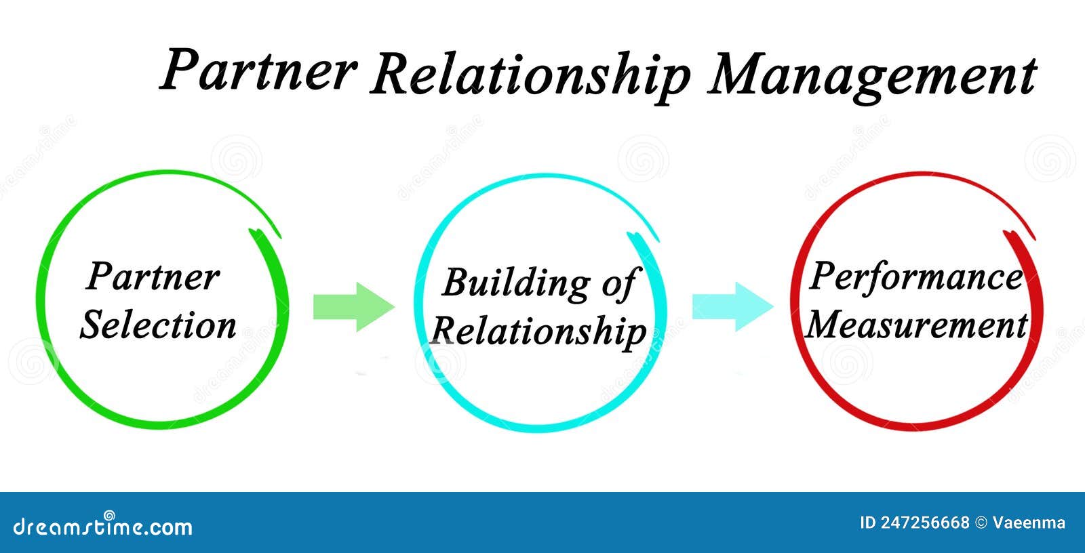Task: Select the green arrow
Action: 353,307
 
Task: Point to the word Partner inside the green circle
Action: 153,276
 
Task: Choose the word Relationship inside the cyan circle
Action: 538,331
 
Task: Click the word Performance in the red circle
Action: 915,276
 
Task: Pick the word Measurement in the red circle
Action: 917,325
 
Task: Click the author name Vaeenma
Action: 1029,523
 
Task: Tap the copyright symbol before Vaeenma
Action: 981,523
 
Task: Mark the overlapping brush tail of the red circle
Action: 1019,237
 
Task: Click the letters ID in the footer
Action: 867,523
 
